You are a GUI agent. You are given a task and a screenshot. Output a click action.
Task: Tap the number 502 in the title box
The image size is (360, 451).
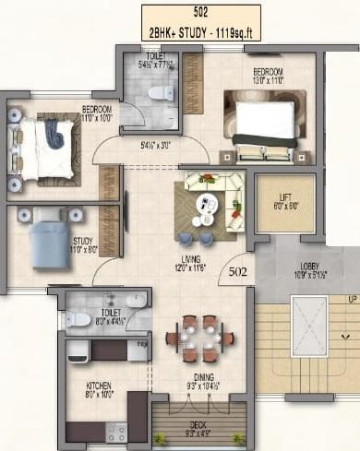[x=200, y=12]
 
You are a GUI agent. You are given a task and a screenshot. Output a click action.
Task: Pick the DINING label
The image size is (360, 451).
[x=198, y=376]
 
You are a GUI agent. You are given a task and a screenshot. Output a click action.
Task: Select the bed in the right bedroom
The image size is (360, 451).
[x=265, y=123]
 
